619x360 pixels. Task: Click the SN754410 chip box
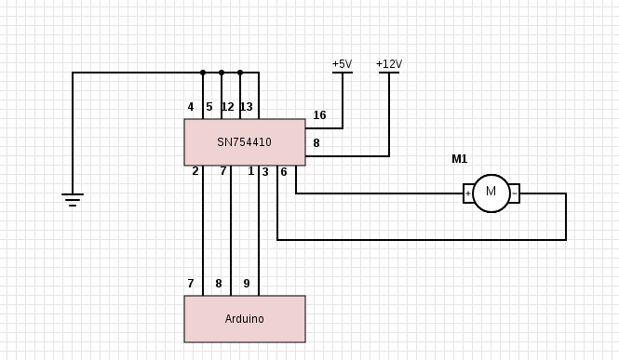coord(244,142)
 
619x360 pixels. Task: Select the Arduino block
coord(244,319)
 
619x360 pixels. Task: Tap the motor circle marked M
coord(491,193)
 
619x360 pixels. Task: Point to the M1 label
coord(460,159)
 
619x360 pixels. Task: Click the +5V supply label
coord(342,64)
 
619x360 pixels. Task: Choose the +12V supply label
coord(389,64)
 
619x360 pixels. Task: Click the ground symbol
coord(73,198)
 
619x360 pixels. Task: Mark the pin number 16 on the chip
coord(319,115)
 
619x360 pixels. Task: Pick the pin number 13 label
coord(246,107)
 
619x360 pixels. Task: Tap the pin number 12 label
coord(227,107)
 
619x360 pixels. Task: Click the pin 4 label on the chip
coord(191,107)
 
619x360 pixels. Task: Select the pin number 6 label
coord(284,172)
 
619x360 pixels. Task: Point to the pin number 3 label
coord(265,172)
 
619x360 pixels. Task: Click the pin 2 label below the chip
coord(195,171)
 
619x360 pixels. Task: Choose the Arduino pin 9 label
coord(246,284)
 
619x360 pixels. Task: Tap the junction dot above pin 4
coord(203,73)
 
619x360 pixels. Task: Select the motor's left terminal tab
coord(468,193)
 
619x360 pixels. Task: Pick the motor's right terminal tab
coord(514,193)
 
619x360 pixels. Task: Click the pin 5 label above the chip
coord(209,107)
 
